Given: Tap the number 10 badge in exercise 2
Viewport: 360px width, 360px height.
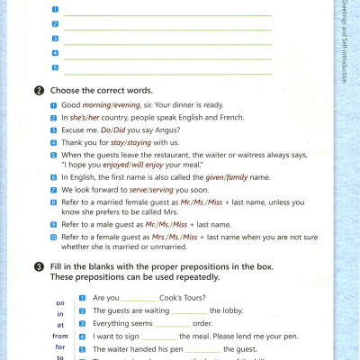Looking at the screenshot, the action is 54,237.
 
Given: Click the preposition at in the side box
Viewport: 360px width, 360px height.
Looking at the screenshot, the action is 60,324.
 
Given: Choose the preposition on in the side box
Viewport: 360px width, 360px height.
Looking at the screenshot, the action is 60,302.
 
